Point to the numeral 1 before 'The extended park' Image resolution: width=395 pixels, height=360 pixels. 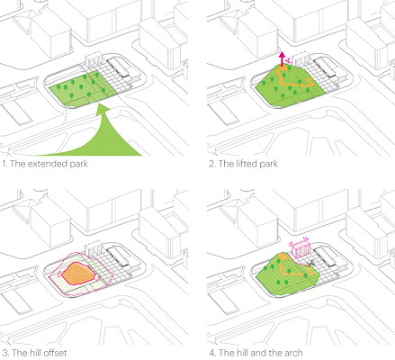pos(4,164)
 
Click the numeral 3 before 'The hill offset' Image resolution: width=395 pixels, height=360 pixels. pos(4,353)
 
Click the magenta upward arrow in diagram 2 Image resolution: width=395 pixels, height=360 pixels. pos(282,58)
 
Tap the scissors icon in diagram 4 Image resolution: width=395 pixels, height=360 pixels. pos(311,264)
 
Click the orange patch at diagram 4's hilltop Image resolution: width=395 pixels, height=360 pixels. pos(283,256)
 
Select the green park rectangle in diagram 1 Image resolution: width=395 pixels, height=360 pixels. pos(84,89)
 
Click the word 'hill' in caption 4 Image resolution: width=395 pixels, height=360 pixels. pos(241,353)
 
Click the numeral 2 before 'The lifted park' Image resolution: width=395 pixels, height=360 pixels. pos(212,164)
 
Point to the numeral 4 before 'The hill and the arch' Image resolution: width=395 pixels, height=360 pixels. pos(212,353)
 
